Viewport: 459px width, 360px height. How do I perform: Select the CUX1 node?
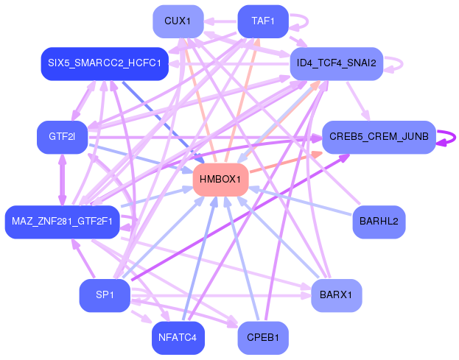178,21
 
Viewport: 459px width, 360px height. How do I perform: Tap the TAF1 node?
262,21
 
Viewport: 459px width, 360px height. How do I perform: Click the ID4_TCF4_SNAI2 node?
336,64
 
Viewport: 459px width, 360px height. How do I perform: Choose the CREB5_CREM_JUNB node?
378,138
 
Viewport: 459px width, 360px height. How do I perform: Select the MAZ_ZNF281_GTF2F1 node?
62,222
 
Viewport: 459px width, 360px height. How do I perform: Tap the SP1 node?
105,296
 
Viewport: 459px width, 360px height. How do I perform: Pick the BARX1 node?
336,296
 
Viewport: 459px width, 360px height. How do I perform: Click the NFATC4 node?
178,339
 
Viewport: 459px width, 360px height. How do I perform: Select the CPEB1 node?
262,339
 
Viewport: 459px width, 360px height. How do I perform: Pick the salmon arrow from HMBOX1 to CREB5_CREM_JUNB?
284,164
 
